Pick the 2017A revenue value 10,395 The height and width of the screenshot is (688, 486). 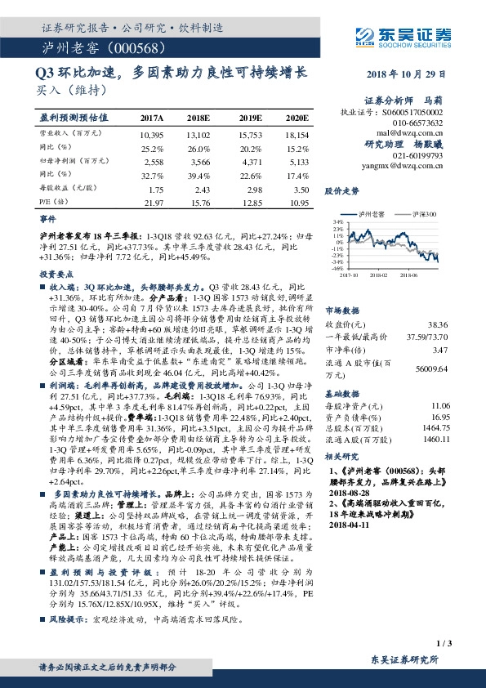152,133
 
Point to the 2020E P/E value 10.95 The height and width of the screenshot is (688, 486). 298,202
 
